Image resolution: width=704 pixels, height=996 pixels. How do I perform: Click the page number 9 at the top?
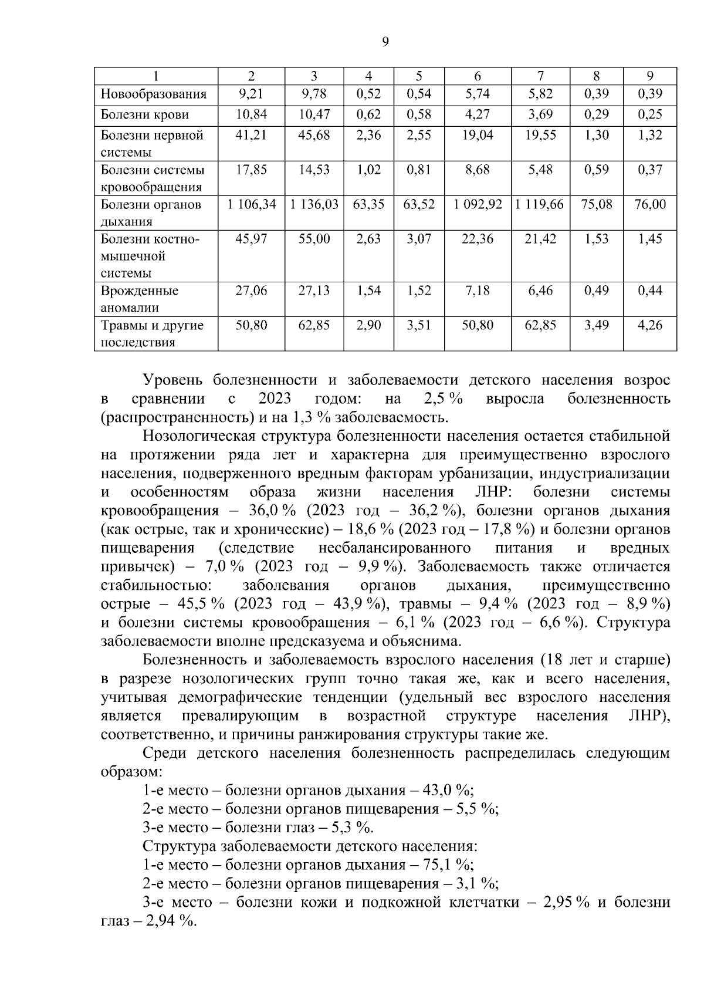[385, 41]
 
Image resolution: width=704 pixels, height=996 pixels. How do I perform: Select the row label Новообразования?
[154, 94]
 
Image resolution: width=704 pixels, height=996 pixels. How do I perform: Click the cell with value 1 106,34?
[252, 204]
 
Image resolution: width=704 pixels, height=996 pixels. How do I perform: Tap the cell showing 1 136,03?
[314, 204]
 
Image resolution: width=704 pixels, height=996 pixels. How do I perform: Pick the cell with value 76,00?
[650, 204]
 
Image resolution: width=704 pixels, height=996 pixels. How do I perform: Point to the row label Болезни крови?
[145, 114]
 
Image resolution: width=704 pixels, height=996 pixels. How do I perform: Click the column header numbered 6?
[478, 76]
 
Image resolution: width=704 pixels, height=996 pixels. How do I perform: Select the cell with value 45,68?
[314, 135]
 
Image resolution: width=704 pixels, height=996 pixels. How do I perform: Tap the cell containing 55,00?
[314, 239]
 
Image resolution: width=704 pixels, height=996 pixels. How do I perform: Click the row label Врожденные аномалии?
[140, 299]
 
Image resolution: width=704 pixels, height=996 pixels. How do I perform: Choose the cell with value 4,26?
[650, 325]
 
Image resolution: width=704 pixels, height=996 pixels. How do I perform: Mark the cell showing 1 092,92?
[478, 204]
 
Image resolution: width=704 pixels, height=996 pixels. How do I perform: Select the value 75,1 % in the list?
[452, 865]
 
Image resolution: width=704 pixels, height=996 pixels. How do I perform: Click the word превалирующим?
[241, 716]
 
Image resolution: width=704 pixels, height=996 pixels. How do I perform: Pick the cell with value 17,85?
[252, 170]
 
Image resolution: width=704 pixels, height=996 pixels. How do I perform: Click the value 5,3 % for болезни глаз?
[354, 828]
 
